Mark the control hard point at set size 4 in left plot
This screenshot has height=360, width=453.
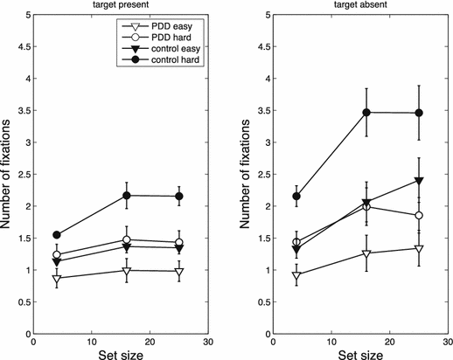[57, 235]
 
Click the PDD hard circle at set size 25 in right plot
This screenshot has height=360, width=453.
[420, 215]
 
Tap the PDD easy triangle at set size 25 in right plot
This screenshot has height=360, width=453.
[420, 249]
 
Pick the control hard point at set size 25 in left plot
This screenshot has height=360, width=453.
[179, 197]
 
